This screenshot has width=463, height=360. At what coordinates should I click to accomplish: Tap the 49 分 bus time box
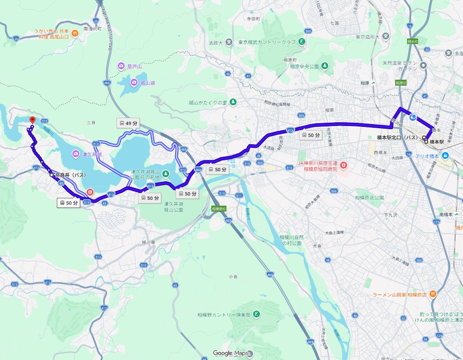[128, 123]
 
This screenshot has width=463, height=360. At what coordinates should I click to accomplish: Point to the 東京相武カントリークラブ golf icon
[302, 42]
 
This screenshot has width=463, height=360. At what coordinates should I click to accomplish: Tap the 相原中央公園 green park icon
[325, 66]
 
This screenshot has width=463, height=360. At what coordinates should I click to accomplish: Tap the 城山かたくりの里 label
[208, 102]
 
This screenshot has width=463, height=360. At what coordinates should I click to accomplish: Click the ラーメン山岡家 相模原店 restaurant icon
[433, 294]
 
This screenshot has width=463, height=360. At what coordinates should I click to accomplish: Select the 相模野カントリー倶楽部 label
[224, 315]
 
